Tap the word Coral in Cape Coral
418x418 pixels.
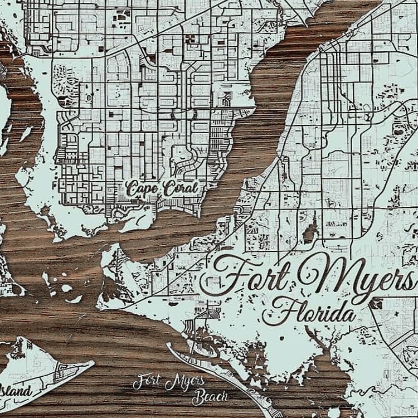pyautogui.click(x=179, y=189)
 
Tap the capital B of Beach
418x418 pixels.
pyautogui.click(x=197, y=397)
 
